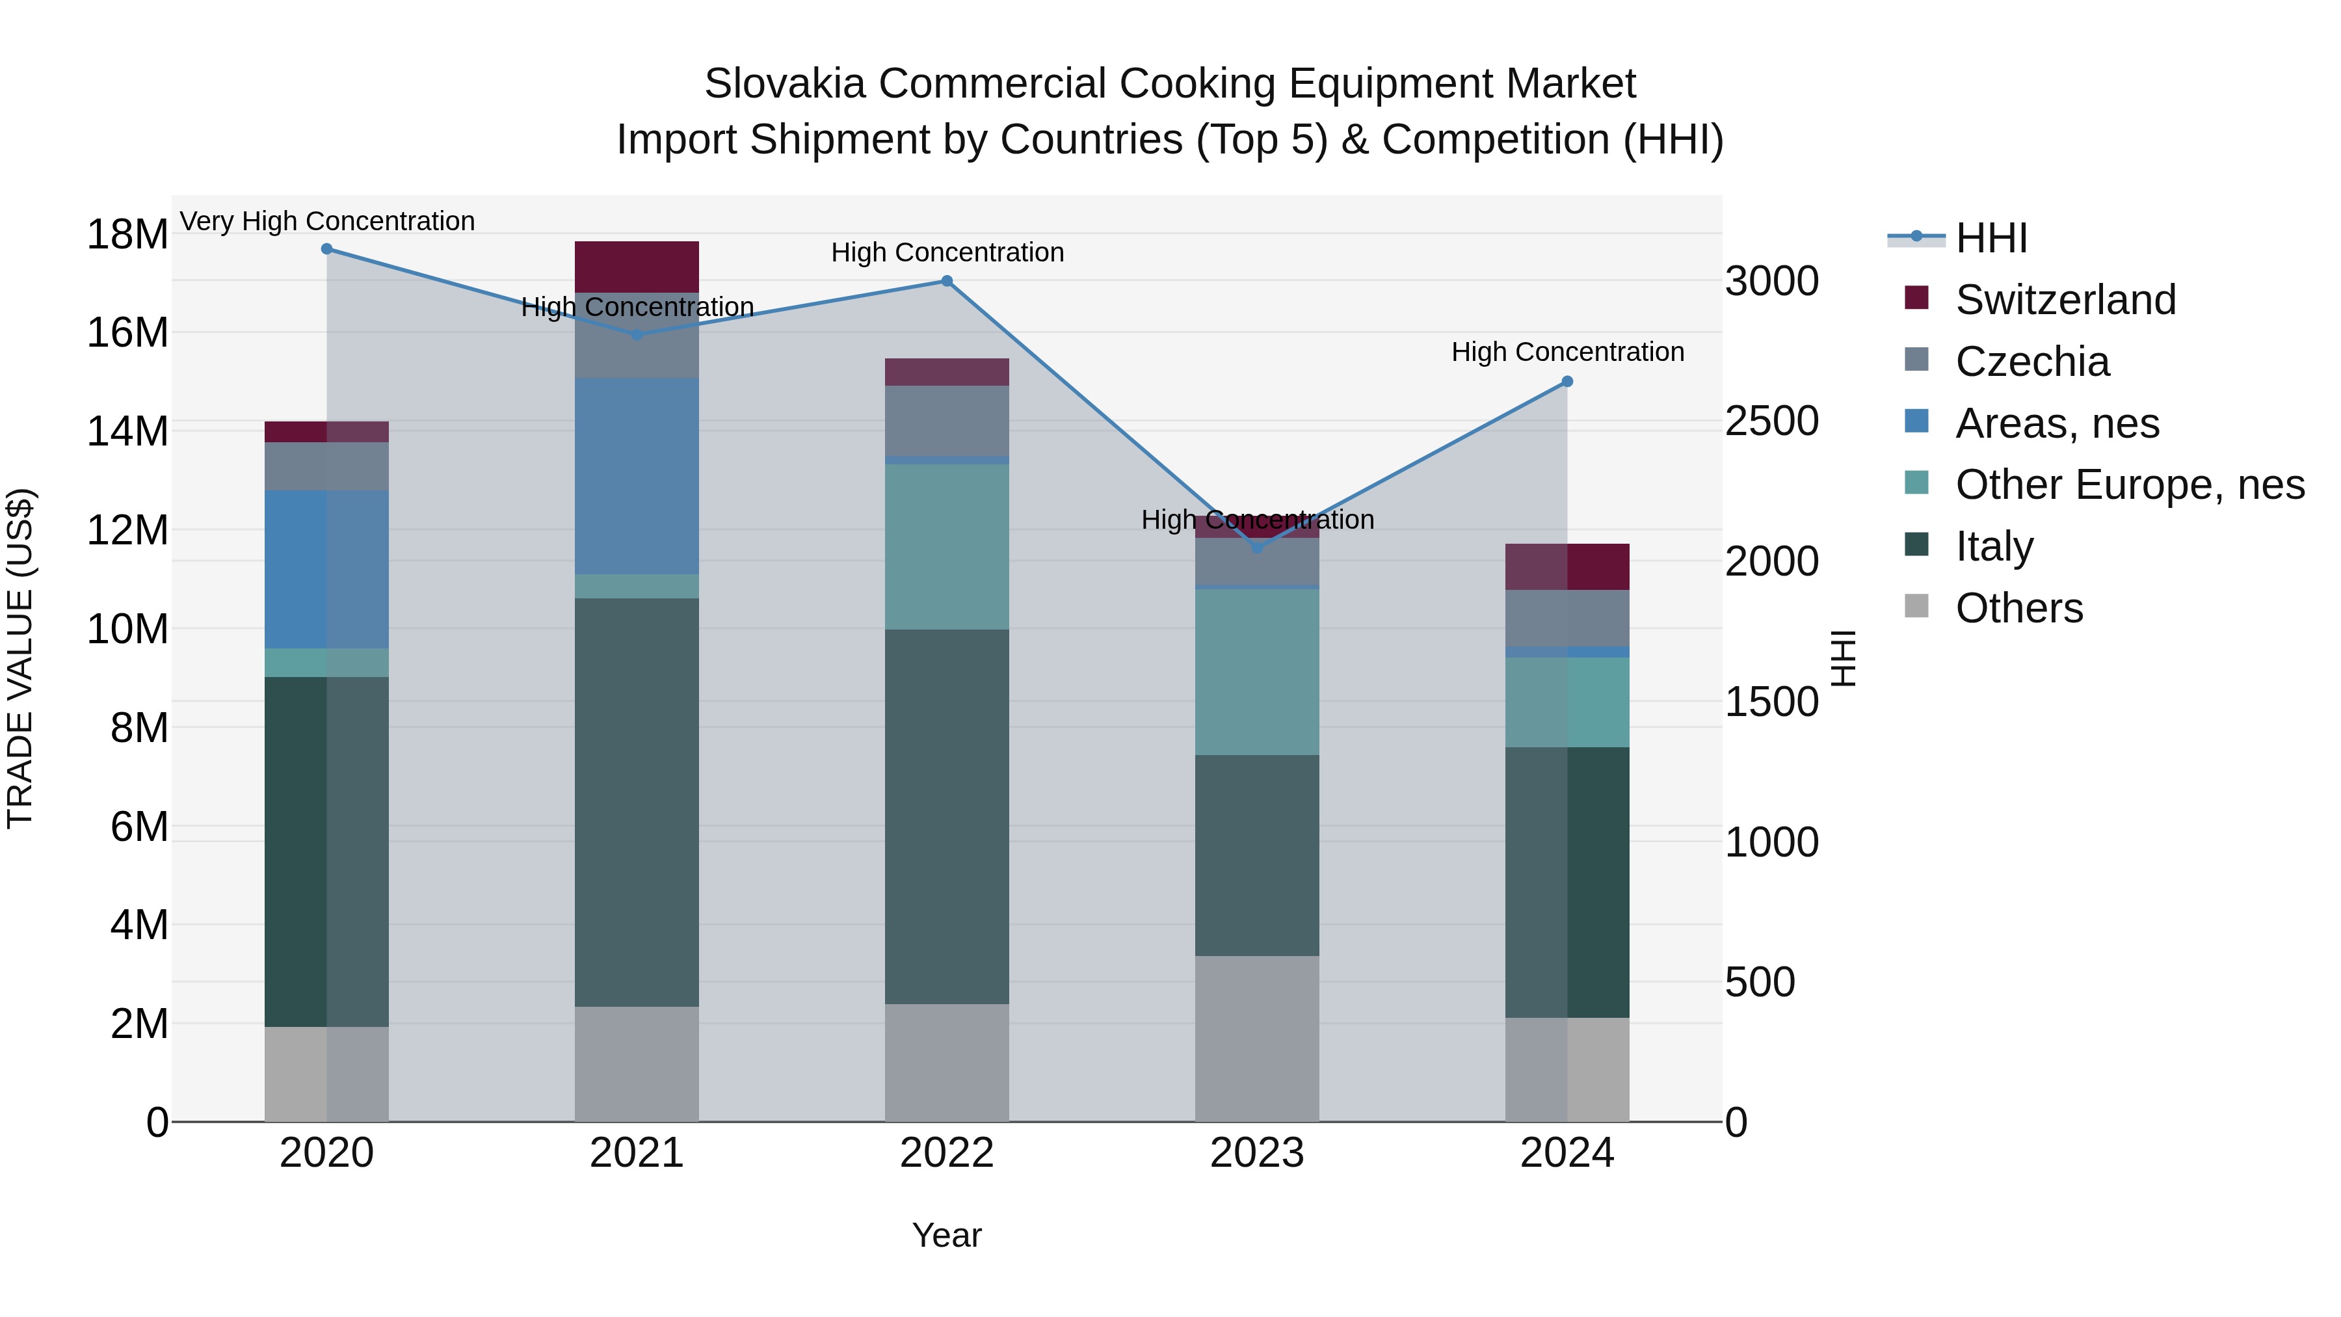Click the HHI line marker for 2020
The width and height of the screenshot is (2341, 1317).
(326, 249)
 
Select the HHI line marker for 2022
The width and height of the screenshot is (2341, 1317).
(947, 281)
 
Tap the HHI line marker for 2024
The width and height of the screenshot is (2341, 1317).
(1567, 382)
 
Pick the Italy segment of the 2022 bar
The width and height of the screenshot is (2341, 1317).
(947, 816)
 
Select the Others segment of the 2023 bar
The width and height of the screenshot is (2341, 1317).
(1257, 1038)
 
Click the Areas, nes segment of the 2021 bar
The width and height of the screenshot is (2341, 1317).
(636, 475)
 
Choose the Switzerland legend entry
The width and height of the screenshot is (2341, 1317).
(2065, 300)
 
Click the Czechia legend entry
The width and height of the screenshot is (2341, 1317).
(2032, 362)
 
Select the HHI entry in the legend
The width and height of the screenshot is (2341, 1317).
(1991, 238)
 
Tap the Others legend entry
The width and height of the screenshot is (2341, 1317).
(2018, 608)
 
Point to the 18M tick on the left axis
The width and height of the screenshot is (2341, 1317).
(127, 235)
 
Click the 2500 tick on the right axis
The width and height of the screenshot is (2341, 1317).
(1771, 421)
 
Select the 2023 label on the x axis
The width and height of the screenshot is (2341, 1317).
(1257, 1153)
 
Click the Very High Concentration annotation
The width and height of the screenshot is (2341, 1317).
(327, 221)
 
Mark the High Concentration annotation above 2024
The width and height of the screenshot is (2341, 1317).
(1567, 352)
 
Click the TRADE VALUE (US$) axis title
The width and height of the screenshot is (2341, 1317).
(20, 658)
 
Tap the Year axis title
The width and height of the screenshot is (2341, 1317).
(947, 1235)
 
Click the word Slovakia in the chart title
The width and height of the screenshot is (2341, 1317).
(784, 84)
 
